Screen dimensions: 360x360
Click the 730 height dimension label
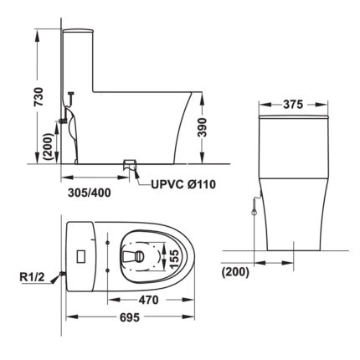39,96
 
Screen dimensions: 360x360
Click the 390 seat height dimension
202,127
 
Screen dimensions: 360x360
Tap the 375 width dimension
293,105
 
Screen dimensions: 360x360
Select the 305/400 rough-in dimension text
90,193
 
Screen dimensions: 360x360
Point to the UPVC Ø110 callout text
183,184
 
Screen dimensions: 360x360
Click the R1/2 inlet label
32,277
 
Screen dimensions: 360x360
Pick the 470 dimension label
149,300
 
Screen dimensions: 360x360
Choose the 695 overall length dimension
129,317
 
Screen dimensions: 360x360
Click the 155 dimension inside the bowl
173,260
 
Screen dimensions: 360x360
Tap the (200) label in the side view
49,147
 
